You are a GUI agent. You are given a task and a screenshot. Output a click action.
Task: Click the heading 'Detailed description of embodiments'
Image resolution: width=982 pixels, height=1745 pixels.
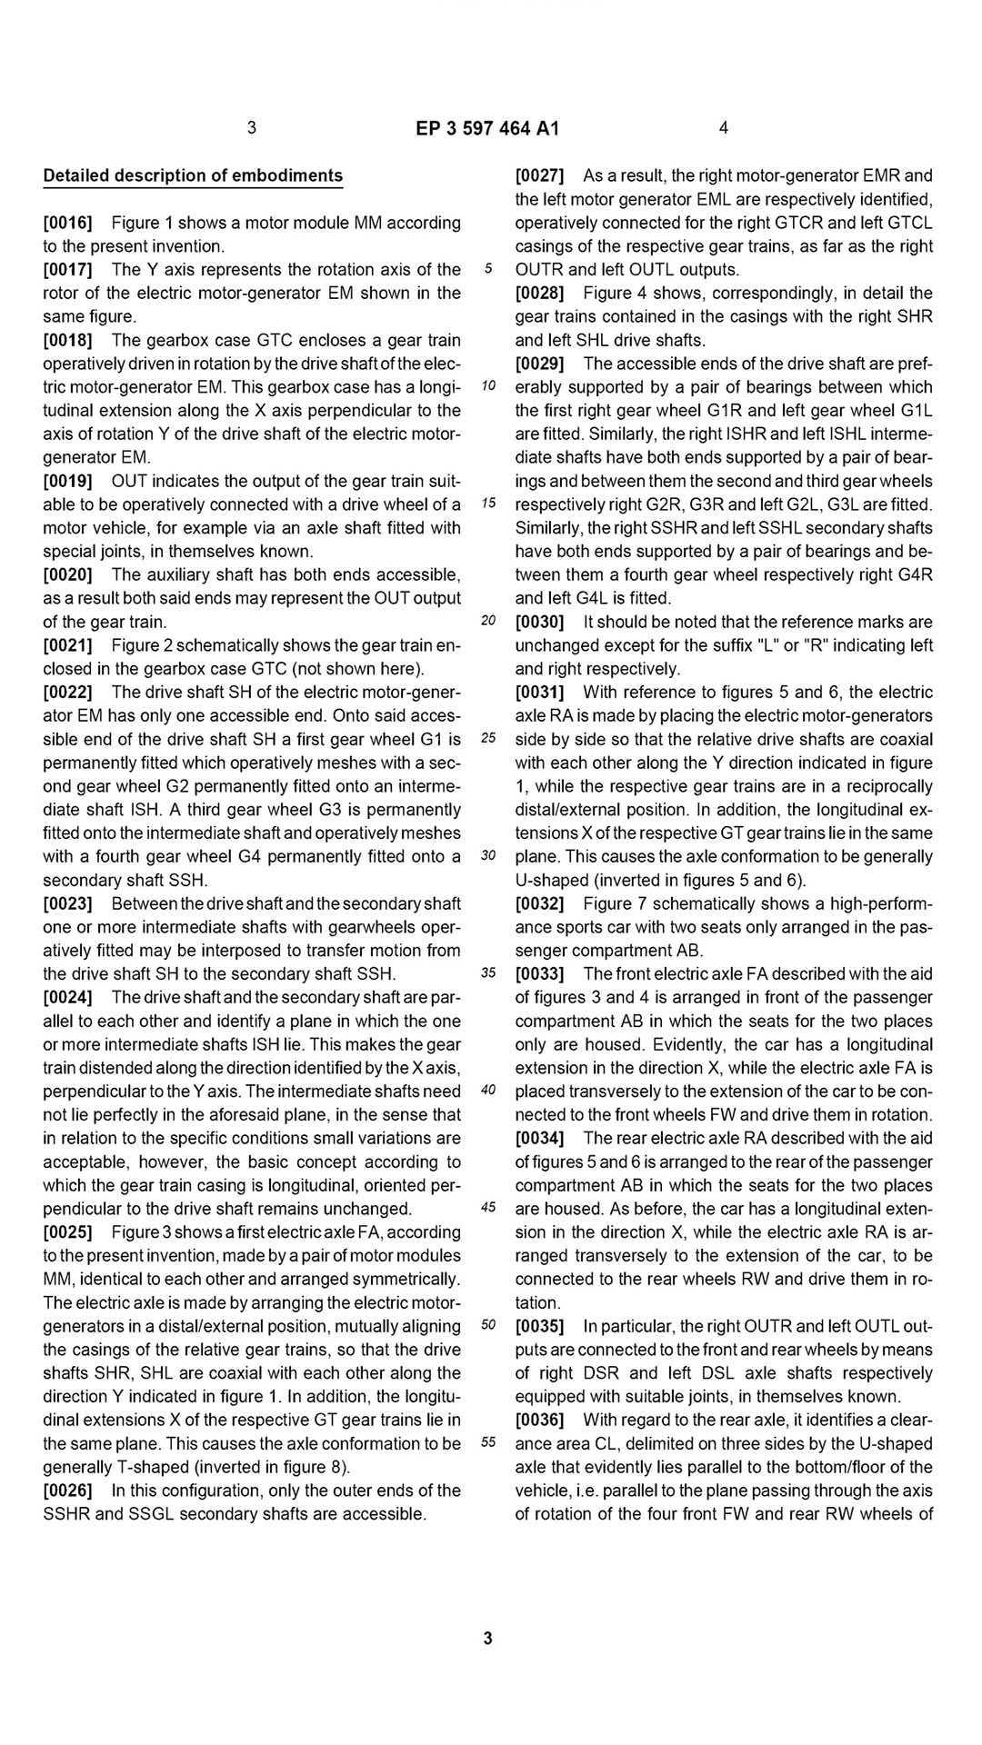[x=193, y=175]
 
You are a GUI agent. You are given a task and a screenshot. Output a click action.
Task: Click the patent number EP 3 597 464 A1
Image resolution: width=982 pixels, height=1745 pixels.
[x=487, y=128]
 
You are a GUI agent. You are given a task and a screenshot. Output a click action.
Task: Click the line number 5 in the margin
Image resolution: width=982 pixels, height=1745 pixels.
[x=488, y=269]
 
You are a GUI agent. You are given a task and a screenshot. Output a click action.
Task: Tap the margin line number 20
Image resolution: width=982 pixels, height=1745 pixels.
[x=488, y=622]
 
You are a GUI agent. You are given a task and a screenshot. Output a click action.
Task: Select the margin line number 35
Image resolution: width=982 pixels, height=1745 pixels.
[x=488, y=973]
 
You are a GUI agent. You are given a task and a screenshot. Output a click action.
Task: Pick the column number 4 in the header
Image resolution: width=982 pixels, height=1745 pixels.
[x=723, y=128]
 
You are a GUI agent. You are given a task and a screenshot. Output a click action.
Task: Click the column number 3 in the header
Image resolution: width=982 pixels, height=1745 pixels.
[x=252, y=128]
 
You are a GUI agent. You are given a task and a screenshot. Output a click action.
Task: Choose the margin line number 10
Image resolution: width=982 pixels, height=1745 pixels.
[x=488, y=386]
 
